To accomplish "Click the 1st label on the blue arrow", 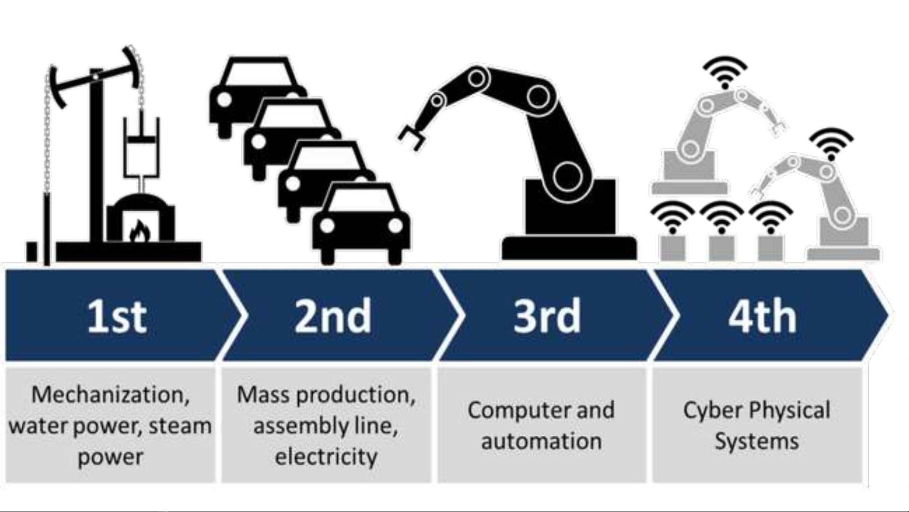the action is click(x=117, y=316).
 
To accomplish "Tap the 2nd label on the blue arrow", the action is click(x=333, y=315).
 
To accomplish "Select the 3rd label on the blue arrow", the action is click(x=547, y=315).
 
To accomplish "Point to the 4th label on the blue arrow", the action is click(x=762, y=315).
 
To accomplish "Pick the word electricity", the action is click(x=326, y=457).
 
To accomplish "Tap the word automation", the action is click(x=541, y=441).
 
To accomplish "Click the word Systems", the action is click(x=757, y=441).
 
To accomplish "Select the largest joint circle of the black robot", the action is click(x=567, y=176).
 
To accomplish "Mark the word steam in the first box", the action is click(x=180, y=426).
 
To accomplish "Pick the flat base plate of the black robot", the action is click(x=569, y=248).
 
